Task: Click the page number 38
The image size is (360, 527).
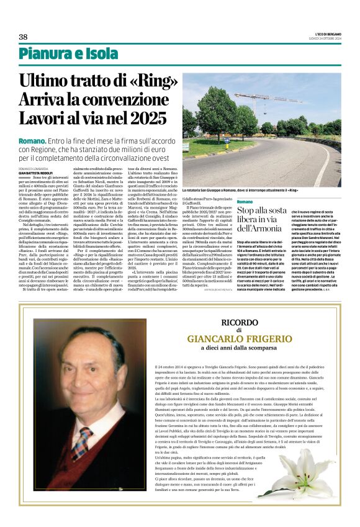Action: (x=23, y=37)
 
